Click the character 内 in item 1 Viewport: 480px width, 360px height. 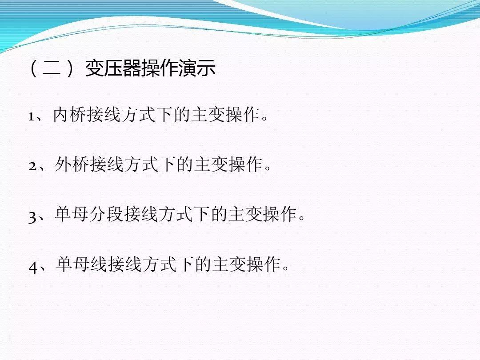point(61,115)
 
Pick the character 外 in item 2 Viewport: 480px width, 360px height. point(64,165)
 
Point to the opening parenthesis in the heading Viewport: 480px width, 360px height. point(33,70)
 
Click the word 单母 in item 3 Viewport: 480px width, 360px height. point(72,215)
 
